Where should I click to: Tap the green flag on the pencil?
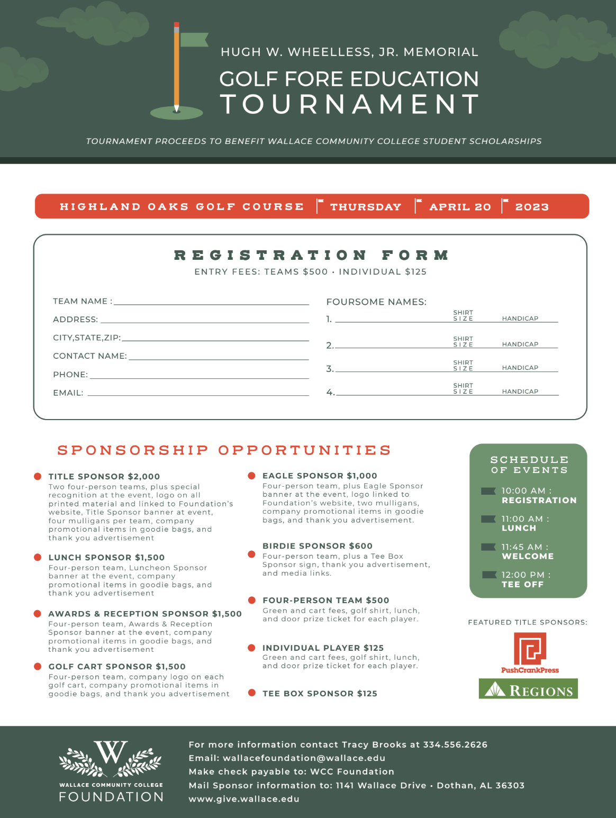194,40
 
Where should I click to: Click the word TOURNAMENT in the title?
350,104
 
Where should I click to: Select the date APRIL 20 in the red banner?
460,207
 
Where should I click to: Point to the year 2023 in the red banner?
532,207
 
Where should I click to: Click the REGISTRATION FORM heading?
312,256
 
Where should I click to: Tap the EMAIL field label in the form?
68,393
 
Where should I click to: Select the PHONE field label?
70,375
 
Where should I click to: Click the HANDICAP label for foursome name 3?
520,368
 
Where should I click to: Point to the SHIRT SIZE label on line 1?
463,316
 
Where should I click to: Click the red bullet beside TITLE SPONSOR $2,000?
38,476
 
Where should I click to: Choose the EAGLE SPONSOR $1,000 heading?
320,476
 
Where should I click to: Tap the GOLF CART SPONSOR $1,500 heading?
117,667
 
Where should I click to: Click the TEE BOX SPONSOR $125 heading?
320,694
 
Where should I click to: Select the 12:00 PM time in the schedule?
523,575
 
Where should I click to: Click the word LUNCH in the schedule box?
519,528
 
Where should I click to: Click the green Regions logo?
528,689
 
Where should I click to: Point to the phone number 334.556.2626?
455,744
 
